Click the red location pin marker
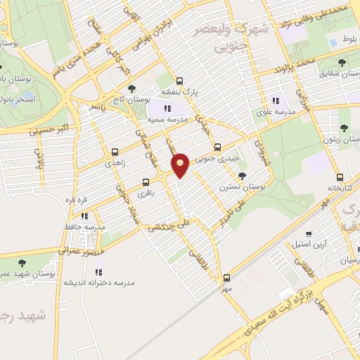181,165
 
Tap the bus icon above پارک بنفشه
180,81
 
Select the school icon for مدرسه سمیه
167,108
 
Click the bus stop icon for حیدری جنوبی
217,147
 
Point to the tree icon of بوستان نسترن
243,176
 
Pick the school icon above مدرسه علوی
276,101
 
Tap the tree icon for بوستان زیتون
343,128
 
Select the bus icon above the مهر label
226,278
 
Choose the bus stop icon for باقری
146,181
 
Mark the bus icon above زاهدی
115,151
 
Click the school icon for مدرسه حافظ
84,216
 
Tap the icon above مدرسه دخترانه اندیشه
98,271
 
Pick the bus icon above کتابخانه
340,177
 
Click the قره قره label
75,199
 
